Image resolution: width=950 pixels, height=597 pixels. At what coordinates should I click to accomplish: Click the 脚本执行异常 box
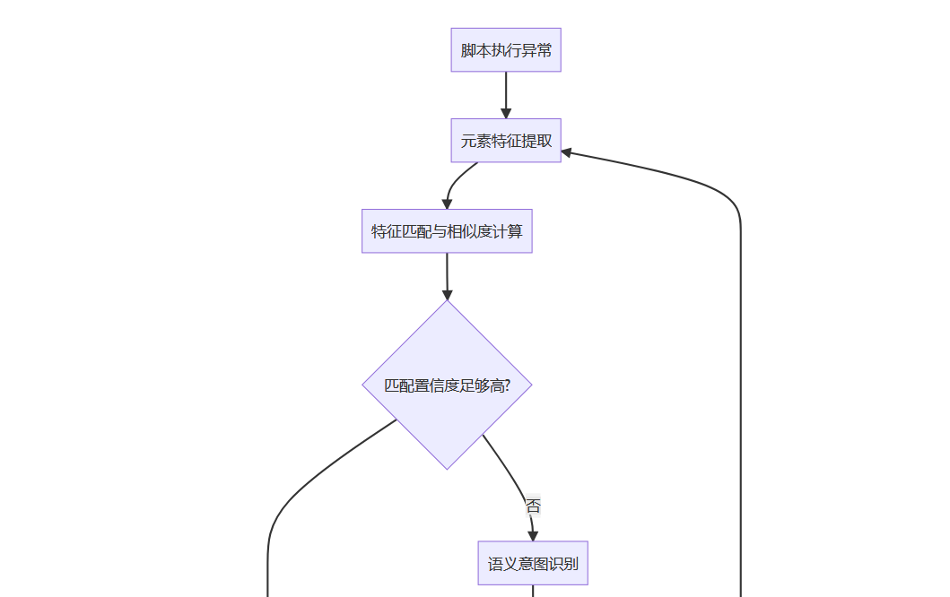(506, 50)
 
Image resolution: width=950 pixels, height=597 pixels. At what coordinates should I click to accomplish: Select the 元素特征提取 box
(506, 141)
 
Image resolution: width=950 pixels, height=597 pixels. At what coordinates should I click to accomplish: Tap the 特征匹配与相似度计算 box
(447, 231)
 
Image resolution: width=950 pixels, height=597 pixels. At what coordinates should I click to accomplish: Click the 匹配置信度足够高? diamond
(447, 385)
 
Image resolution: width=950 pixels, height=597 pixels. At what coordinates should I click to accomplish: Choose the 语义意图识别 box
(533, 564)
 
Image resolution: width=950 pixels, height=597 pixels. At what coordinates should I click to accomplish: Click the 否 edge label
(533, 506)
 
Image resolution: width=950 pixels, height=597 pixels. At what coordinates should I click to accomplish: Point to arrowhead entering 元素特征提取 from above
(506, 113)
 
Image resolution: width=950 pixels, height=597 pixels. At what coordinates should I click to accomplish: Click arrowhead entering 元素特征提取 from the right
(567, 152)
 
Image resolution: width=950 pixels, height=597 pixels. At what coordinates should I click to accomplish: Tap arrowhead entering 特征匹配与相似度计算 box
(447, 203)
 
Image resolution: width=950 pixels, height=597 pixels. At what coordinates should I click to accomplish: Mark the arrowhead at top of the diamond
(447, 295)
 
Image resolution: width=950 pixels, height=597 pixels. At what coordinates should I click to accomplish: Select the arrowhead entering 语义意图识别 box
(533, 536)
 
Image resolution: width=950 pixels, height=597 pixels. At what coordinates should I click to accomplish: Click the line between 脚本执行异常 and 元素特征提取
(506, 90)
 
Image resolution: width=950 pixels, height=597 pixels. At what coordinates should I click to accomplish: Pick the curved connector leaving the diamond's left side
(296, 493)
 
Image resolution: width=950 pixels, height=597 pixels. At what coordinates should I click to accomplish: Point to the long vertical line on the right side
(740, 403)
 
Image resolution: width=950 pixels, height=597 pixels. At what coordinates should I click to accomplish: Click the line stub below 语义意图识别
(533, 591)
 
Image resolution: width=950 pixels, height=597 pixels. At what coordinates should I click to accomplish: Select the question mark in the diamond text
(508, 385)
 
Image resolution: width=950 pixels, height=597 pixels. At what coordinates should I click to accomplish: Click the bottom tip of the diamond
(447, 468)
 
